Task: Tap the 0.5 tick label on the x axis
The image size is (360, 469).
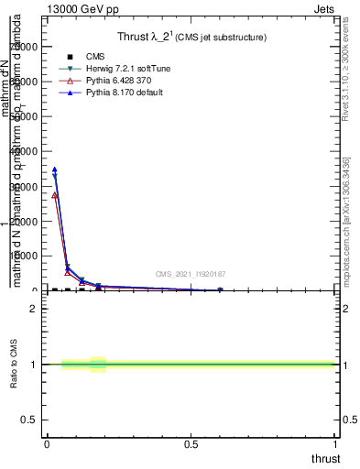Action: tap(191, 445)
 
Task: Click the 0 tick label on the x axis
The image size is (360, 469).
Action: tap(47, 445)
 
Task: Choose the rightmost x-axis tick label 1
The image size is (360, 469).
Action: tap(336, 445)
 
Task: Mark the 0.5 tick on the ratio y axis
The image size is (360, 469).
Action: tap(29, 420)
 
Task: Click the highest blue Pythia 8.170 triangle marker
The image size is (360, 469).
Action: tap(54, 169)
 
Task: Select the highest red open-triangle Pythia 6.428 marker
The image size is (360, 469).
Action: tap(55, 195)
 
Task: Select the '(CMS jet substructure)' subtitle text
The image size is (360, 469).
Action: tap(223, 38)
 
